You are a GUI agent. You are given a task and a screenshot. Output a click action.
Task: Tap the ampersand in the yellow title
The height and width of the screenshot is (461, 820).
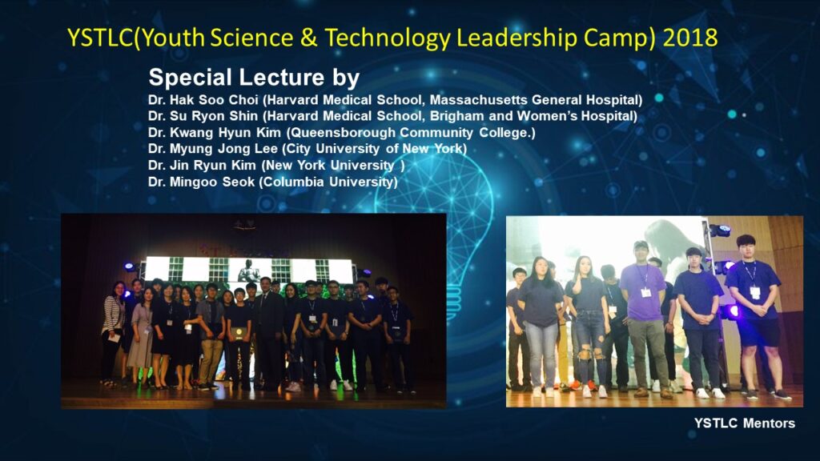tap(310, 38)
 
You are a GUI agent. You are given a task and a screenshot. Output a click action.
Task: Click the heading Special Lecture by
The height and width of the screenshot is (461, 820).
tap(254, 78)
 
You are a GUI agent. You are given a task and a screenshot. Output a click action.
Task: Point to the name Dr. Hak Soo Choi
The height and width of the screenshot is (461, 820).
tap(203, 100)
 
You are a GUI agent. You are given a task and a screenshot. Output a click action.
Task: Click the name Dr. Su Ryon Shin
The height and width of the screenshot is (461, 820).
tap(203, 116)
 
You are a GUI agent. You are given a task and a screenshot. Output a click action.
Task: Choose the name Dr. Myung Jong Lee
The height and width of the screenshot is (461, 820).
tap(213, 149)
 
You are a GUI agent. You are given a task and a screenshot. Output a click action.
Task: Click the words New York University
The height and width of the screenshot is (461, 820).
tap(331, 166)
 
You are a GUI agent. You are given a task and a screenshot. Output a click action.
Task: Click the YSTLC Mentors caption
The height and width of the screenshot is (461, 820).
tap(745, 423)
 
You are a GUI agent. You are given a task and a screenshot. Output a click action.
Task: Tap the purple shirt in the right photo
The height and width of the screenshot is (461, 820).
tap(643, 291)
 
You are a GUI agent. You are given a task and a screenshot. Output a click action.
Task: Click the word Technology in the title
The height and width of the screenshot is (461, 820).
tap(387, 38)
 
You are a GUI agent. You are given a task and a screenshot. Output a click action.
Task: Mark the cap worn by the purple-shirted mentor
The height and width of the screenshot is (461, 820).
tap(641, 245)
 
